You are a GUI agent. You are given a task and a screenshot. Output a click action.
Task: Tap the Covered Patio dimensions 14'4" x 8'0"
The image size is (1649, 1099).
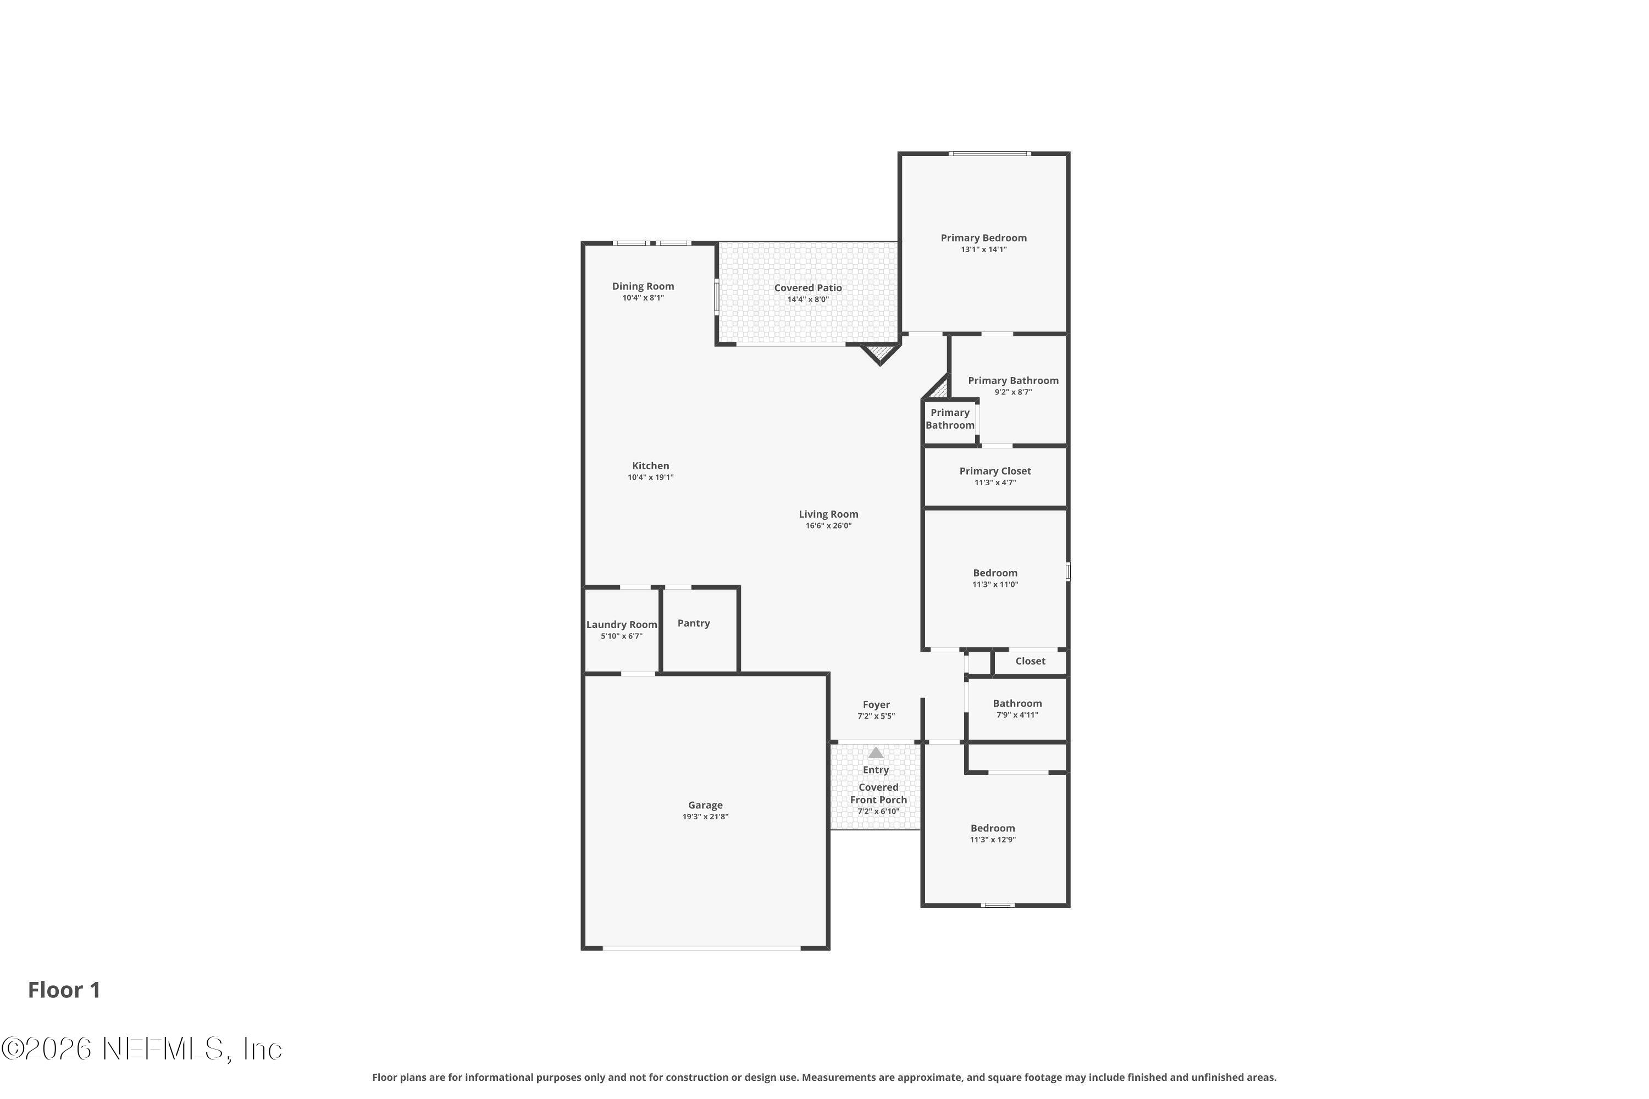click(x=807, y=299)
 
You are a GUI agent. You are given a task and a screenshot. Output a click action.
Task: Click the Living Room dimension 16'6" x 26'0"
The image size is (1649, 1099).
click(x=828, y=526)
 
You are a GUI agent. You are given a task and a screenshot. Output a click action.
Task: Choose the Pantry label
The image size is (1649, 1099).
click(x=693, y=623)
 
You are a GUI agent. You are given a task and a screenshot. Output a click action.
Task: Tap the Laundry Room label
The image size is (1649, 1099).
click(x=621, y=624)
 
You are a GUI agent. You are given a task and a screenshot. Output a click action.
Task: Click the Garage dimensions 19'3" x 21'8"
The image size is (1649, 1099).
click(x=705, y=817)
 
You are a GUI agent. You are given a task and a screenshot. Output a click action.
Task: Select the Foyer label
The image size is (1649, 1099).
click(x=876, y=704)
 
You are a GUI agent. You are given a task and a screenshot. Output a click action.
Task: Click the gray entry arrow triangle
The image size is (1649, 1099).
click(x=875, y=753)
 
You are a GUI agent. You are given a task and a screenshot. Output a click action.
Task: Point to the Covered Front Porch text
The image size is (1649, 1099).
click(x=878, y=793)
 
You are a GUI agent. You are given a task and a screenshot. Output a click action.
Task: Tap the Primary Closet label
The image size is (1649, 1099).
click(x=994, y=471)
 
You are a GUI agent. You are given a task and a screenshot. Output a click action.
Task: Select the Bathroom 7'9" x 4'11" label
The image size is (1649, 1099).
click(x=1016, y=704)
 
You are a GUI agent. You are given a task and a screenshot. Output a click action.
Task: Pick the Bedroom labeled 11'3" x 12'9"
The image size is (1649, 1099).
click(x=992, y=829)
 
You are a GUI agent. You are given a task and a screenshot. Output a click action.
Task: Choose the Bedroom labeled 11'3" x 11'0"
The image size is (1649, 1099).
click(x=994, y=573)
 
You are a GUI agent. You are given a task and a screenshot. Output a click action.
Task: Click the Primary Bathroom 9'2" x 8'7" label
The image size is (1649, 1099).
click(x=1012, y=381)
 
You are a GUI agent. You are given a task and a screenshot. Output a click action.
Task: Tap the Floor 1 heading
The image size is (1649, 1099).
click(x=64, y=990)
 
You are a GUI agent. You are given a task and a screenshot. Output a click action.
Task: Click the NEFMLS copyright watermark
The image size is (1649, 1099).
click(x=142, y=1049)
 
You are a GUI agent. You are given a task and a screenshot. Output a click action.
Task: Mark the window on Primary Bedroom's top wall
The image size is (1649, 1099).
click(x=989, y=153)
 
